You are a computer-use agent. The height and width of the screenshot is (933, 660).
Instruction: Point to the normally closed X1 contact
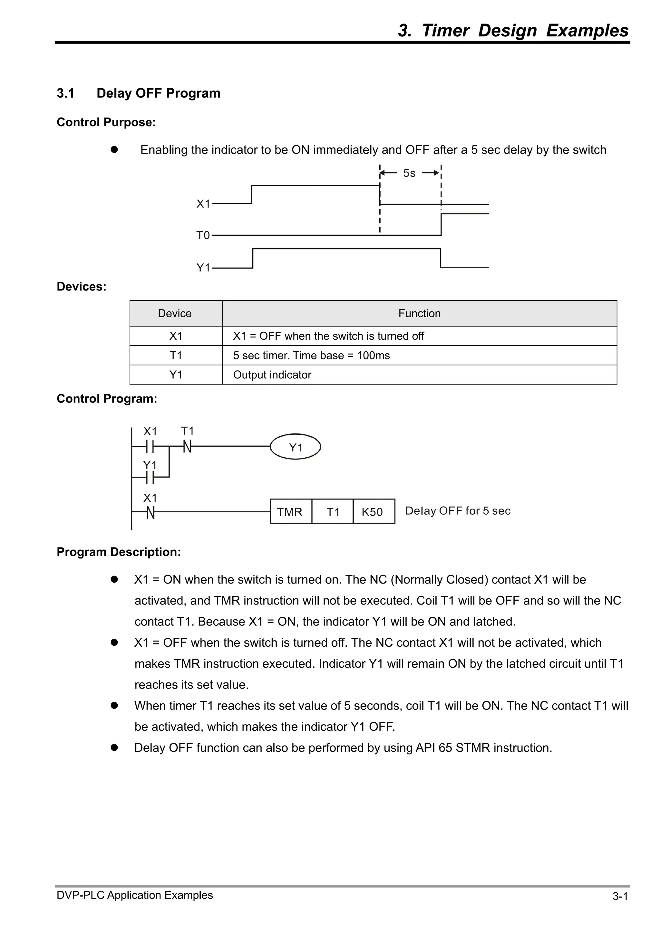150,512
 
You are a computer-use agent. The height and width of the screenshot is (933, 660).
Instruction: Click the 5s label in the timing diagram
409,173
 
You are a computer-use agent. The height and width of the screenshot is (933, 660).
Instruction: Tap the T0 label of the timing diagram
203,235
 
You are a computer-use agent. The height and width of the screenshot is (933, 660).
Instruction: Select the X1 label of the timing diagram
203,204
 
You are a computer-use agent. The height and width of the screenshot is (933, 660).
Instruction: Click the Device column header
175,313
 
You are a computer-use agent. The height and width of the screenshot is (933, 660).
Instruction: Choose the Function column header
419,313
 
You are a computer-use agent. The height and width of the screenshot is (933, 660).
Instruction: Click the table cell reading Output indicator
272,375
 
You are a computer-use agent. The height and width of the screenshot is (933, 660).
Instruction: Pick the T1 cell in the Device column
176,355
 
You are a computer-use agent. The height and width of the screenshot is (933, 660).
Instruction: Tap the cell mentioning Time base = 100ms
311,355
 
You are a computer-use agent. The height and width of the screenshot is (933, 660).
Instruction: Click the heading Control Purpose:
106,122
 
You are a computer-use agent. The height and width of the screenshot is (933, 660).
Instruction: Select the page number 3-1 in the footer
620,908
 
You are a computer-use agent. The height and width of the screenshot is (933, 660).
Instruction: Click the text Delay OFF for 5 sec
458,511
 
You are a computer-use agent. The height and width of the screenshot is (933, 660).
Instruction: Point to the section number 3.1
65,93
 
